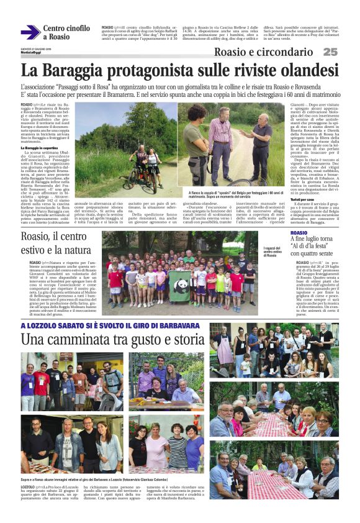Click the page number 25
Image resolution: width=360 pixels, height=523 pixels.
coord(330,52)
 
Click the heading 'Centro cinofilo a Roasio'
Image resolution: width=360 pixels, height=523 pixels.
coord(66,32)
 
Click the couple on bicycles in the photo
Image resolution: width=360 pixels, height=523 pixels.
coord(145,166)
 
